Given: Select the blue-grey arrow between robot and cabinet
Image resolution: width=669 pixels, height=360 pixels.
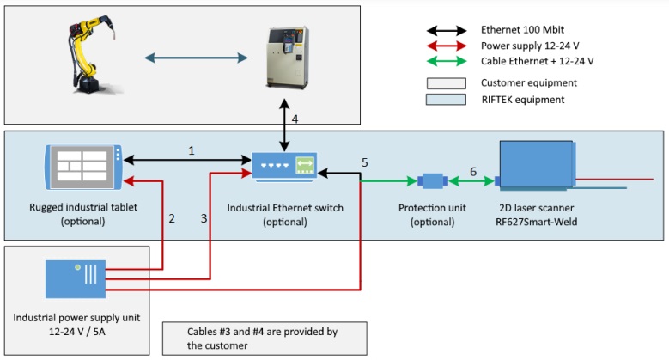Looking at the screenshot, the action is click(x=197, y=58).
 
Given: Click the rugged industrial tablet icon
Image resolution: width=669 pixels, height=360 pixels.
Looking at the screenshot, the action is click(x=83, y=167).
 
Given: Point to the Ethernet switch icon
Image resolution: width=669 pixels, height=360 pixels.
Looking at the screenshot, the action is click(x=284, y=167).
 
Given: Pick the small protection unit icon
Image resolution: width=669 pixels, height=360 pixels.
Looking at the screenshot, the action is click(x=433, y=181).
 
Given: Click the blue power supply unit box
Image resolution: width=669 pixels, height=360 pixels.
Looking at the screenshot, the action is click(x=76, y=279).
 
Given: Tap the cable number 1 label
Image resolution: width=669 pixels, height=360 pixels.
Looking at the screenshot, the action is click(x=192, y=150).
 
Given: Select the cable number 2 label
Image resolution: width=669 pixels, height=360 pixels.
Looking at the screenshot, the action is click(x=172, y=218).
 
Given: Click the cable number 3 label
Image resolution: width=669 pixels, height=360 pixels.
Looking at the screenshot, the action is click(x=204, y=218).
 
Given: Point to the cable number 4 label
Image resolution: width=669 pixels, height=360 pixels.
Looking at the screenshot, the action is click(x=295, y=119).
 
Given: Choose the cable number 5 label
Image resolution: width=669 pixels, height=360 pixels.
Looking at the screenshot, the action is click(x=365, y=162).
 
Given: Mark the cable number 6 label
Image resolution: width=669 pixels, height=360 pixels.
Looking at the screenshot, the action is click(x=473, y=172).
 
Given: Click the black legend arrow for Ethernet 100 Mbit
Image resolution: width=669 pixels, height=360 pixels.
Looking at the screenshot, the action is click(x=447, y=30).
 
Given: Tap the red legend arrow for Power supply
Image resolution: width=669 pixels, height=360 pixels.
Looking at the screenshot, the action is click(x=447, y=46).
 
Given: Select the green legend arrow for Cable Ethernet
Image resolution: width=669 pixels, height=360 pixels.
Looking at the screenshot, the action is click(x=447, y=61).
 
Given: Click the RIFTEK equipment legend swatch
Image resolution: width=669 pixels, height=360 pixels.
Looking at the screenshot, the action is click(x=446, y=100).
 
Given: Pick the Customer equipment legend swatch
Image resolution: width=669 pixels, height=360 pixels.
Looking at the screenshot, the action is click(x=447, y=83).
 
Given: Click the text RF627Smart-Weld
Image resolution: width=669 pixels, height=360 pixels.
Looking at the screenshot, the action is click(x=536, y=222).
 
